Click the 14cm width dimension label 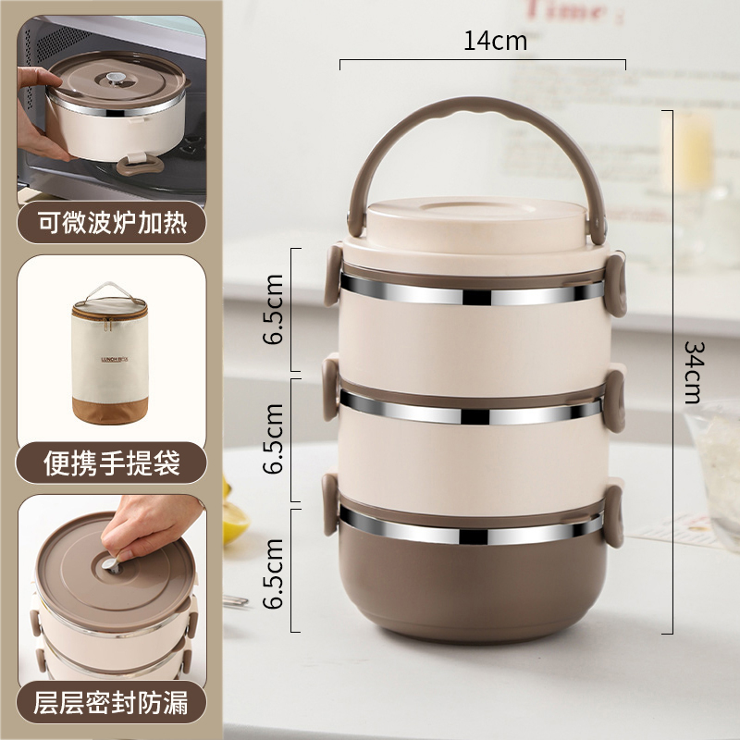495,41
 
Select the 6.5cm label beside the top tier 273,309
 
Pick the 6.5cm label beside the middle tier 273,438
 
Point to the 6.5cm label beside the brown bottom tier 273,573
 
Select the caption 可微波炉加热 112,223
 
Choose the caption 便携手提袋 112,463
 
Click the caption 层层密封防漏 111,702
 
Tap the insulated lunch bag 110,353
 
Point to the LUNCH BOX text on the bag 115,359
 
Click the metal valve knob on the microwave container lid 116,78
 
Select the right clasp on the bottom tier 614,516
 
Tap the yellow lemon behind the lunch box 235,518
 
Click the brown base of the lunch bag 110,410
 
